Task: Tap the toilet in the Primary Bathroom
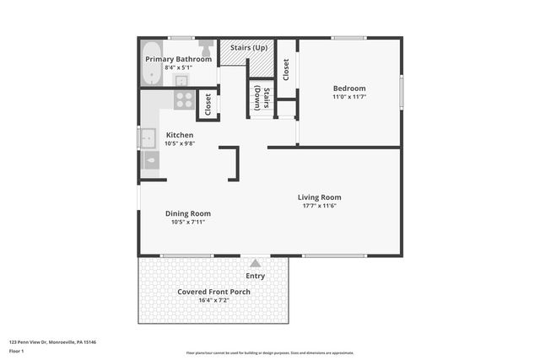(205, 47)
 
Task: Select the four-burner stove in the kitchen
(183, 99)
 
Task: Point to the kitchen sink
(148, 137)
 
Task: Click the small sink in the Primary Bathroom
(181, 80)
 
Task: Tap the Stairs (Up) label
(249, 47)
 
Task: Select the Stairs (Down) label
(262, 99)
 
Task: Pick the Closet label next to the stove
(208, 103)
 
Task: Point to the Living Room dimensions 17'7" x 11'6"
(319, 206)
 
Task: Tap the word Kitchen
(180, 135)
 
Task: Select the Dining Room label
(187, 213)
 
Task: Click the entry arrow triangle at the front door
(255, 263)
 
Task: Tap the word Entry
(255, 276)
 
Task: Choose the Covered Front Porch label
(213, 292)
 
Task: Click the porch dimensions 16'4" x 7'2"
(213, 300)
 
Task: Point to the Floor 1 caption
(17, 350)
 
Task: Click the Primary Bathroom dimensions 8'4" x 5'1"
(177, 67)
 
